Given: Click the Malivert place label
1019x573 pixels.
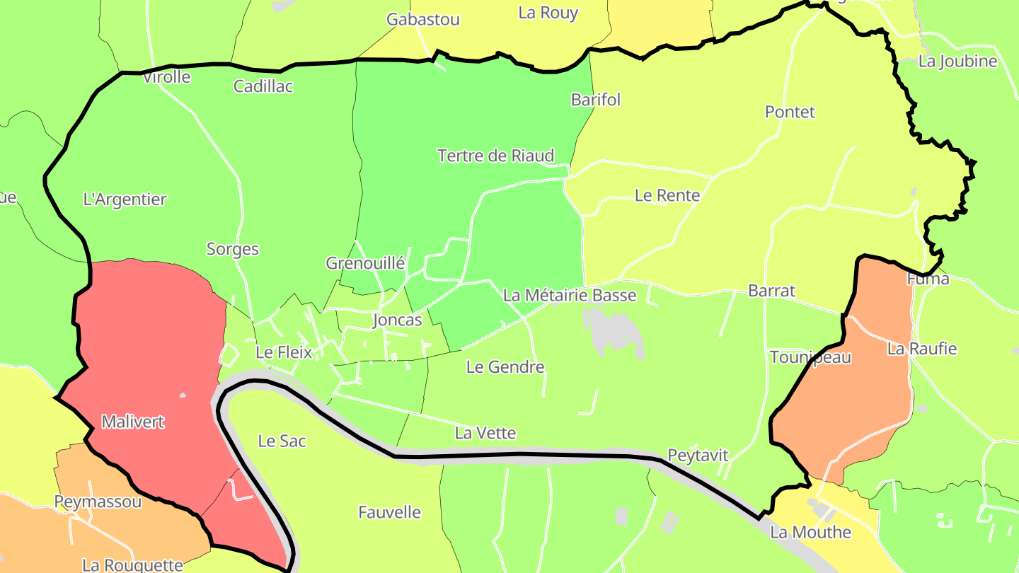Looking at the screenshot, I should pyautogui.click(x=133, y=422).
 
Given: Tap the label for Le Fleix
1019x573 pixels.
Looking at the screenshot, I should pyautogui.click(x=284, y=352).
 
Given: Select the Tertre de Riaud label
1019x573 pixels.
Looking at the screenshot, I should pyautogui.click(x=495, y=156).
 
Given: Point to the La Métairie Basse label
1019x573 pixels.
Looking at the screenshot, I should pyautogui.click(x=570, y=295).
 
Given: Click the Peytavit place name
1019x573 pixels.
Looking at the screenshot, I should pyautogui.click(x=698, y=455).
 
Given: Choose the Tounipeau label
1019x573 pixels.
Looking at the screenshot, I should pyautogui.click(x=810, y=357).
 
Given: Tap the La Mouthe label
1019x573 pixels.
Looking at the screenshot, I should pyautogui.click(x=810, y=532).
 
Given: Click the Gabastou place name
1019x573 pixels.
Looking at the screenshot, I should pyautogui.click(x=423, y=19).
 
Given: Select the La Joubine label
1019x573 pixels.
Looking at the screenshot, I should pyautogui.click(x=957, y=62).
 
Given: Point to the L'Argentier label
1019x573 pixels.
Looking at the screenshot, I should pyautogui.click(x=125, y=199).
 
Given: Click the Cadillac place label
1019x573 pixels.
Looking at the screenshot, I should pyautogui.click(x=263, y=86).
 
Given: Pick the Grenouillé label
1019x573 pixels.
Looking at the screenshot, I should pyautogui.click(x=365, y=264).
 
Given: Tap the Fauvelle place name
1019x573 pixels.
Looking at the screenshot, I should pyautogui.click(x=389, y=512).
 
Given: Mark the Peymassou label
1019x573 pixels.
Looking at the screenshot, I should pyautogui.click(x=98, y=502).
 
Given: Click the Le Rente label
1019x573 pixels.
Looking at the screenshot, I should pyautogui.click(x=667, y=195).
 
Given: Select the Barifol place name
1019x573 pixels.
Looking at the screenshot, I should pyautogui.click(x=596, y=100).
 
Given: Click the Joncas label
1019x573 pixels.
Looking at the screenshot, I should pyautogui.click(x=397, y=320).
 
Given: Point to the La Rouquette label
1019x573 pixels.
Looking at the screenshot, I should pyautogui.click(x=133, y=565).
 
